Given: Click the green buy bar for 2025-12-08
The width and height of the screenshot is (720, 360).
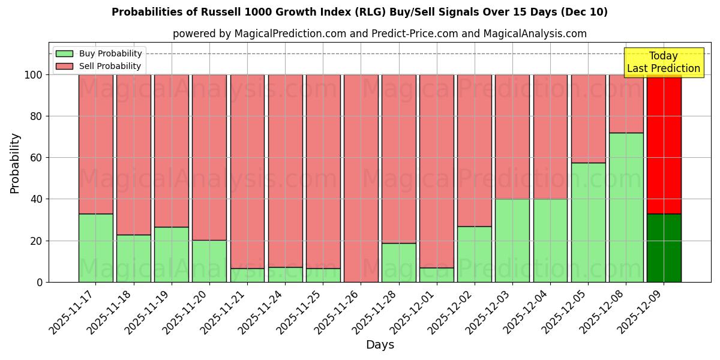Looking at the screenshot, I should [626, 207].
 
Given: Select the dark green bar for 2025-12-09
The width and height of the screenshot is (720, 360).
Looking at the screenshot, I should [664, 248].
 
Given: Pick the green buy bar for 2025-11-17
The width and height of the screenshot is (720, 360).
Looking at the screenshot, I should [95, 248].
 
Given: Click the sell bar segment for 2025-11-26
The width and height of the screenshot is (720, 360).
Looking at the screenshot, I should [361, 178].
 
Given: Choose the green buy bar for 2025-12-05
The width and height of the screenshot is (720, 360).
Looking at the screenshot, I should [588, 222].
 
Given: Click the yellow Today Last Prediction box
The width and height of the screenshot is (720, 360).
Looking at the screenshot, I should [663, 62].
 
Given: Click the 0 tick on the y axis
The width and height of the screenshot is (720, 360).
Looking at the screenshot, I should [40, 282].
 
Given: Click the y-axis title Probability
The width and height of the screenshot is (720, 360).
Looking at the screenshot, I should [15, 163].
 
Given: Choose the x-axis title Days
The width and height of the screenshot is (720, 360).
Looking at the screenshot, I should [380, 345].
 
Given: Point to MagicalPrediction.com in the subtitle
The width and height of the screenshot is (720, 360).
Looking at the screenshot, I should [290, 34].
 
